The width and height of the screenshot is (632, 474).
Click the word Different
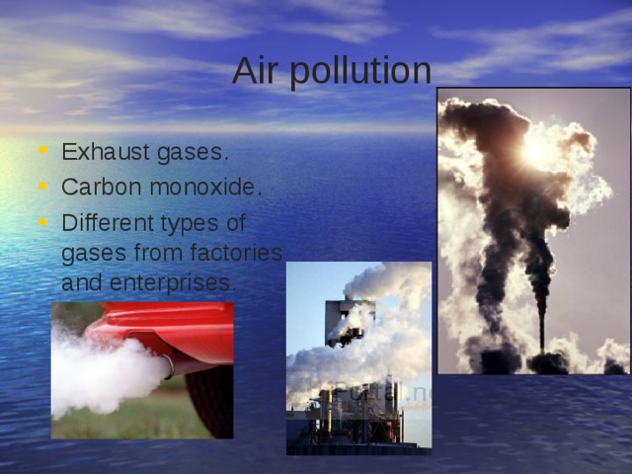click(105, 221)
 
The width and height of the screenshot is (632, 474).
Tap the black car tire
click(211, 400)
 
